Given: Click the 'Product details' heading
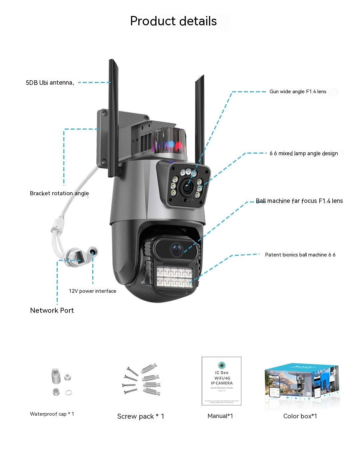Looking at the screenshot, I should [173, 21].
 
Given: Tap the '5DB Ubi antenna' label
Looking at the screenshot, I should [50, 83].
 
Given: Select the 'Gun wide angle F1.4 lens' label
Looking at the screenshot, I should [298, 92].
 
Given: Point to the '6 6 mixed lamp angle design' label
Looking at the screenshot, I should [304, 154].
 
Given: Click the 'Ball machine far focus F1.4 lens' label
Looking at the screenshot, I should [299, 201].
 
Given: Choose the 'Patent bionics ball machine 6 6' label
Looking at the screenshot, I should [300, 255].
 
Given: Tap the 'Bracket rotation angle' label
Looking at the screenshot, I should [59, 193].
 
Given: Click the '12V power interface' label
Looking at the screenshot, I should [92, 291].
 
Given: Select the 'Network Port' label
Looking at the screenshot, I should [52, 310].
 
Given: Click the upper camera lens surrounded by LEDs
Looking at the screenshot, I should [187, 188].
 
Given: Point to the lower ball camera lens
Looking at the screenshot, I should [176, 249].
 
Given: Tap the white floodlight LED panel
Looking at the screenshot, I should [174, 277].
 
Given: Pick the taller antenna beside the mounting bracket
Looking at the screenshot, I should [113, 117].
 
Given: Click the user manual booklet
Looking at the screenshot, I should [221, 381].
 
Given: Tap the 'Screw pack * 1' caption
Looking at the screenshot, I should [141, 416].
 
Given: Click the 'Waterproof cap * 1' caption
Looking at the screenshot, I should [52, 414].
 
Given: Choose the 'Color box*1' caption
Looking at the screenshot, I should [300, 416].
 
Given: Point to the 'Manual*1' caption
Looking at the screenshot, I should [220, 416].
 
